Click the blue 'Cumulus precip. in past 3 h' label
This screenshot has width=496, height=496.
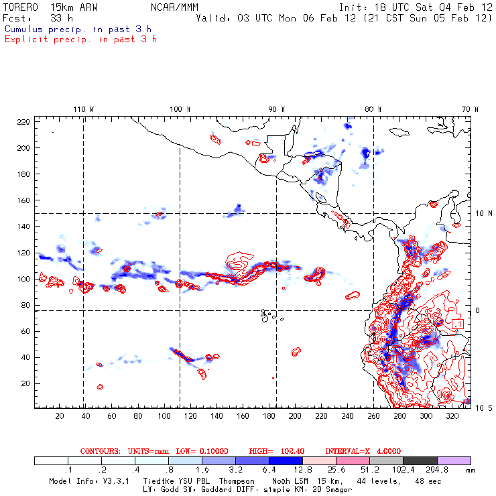[x=78, y=29]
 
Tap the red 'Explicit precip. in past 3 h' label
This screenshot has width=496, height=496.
[x=80, y=39]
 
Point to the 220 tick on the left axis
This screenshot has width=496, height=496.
[x=23, y=121]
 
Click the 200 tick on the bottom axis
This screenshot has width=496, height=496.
[x=295, y=416]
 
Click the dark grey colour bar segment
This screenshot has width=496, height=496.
[x=420, y=461]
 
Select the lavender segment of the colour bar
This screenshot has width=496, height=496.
[x=454, y=461]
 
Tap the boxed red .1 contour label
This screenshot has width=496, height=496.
[x=457, y=324]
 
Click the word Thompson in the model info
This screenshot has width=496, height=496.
[x=235, y=481]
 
